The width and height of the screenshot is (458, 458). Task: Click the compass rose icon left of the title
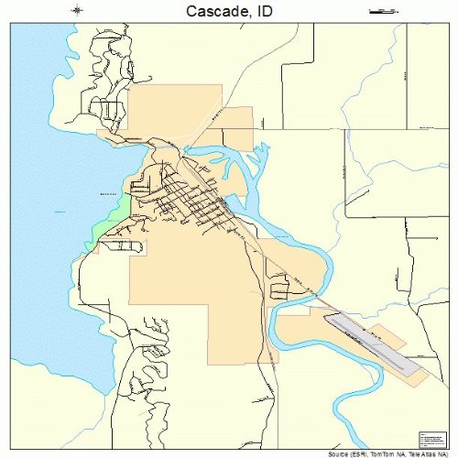[77, 10]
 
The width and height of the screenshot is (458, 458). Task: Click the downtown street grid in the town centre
[188, 197]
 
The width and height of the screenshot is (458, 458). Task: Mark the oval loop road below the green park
[122, 245]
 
